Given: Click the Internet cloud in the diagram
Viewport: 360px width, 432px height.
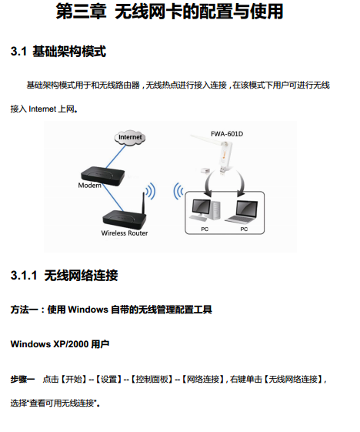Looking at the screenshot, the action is [130, 137].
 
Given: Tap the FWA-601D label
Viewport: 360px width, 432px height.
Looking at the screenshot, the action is [227, 134].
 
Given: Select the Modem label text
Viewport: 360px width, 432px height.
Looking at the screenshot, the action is [89, 186].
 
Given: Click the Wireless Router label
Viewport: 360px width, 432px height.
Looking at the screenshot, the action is [125, 233].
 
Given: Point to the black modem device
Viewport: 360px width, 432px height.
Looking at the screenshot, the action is [102, 176].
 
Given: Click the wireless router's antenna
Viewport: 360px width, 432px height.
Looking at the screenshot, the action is [143, 203].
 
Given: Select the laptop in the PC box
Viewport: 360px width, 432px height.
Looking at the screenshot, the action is [242, 212].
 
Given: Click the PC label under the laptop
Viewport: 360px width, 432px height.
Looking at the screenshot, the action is [244, 229].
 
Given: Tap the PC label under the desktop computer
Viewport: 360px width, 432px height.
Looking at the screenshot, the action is [205, 229].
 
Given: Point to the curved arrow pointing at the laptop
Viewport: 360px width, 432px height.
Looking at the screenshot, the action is [241, 182].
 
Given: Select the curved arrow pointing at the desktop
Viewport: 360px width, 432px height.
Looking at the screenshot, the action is [207, 184].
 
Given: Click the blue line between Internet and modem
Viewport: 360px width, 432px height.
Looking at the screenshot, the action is [115, 156].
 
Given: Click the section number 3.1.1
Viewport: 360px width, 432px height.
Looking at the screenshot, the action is [24, 275].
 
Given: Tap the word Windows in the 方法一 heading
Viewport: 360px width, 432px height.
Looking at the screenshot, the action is [88, 310].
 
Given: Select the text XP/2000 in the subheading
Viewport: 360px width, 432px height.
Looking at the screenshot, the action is [71, 344].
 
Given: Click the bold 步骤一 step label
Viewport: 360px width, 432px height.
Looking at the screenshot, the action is [22, 380].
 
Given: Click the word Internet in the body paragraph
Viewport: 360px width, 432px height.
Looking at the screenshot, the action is [42, 109].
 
